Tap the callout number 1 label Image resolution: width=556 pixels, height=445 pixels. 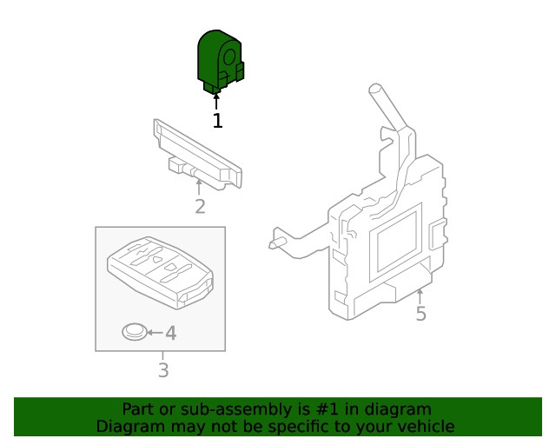(x=217, y=121)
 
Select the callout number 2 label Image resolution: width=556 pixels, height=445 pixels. (x=200, y=206)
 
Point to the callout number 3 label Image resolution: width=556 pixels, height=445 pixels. (x=162, y=371)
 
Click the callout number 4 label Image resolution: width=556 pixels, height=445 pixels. (x=170, y=333)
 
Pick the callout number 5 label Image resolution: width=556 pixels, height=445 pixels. (x=420, y=313)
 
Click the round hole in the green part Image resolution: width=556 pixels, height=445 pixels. (x=231, y=57)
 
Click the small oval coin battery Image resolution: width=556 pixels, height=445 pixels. (x=134, y=332)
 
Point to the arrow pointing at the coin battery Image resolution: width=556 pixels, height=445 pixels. (x=154, y=333)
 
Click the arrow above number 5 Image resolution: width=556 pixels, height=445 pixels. (x=420, y=296)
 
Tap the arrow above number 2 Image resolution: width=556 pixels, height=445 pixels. (x=199, y=187)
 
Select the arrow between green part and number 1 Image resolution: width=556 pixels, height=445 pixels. (x=216, y=101)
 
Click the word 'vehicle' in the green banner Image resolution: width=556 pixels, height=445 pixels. (x=424, y=427)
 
